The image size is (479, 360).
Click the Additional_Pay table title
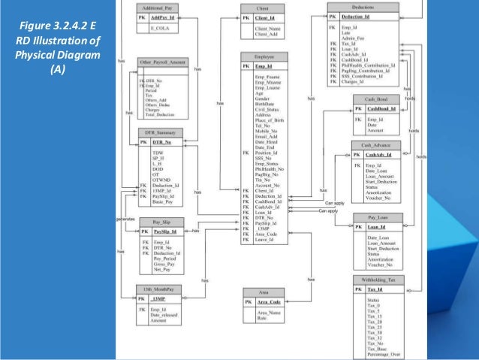pos(157,6)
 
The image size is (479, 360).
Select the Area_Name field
pos(269,312)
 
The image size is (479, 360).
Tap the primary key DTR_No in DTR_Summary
pos(162,142)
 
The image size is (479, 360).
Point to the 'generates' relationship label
pos(124,219)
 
